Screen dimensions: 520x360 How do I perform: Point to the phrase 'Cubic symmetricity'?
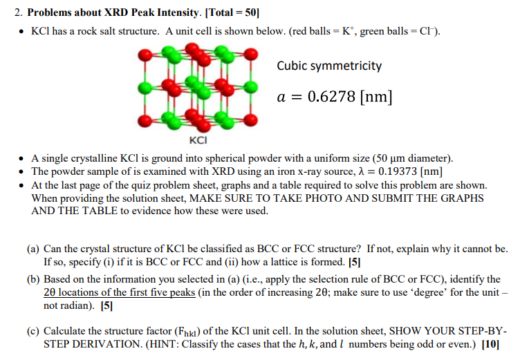pyautogui.click(x=329, y=66)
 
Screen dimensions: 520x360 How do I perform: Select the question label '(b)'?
pyautogui.click(x=34, y=279)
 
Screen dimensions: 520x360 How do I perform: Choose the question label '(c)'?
pyautogui.click(x=34, y=330)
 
